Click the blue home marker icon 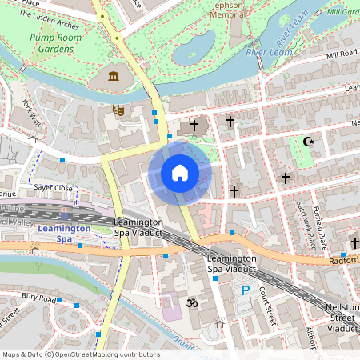(179, 173)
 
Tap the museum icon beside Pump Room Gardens (113, 77)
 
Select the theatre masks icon (118, 110)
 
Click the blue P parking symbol (246, 290)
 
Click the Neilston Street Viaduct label (342, 318)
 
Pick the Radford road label (342, 260)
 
